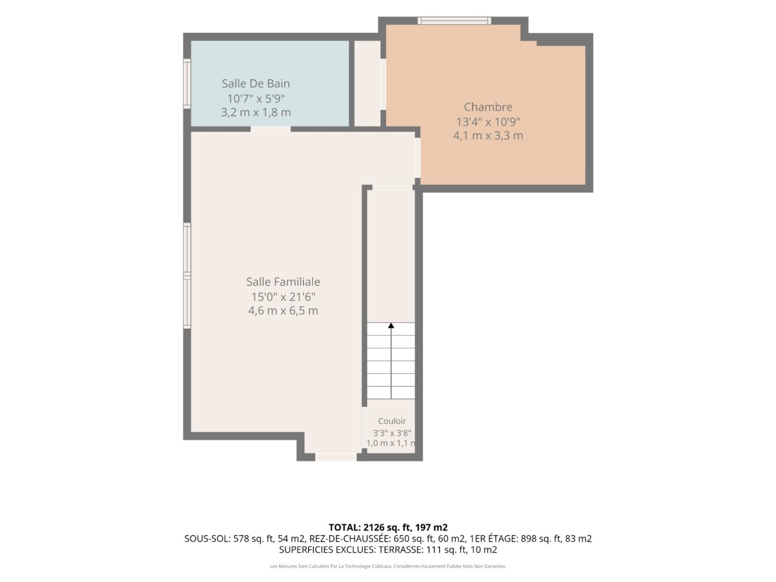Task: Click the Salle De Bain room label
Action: [255, 83]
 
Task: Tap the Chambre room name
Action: [488, 106]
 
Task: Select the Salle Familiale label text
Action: [283, 281]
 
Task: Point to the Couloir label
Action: [392, 421]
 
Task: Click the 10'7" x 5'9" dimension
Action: [255, 99]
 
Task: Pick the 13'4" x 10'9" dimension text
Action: [488, 122]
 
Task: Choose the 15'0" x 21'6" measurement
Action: [283, 297]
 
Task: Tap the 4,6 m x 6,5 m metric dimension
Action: [283, 311]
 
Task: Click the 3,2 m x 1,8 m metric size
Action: [255, 112]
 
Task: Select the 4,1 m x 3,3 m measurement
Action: [488, 136]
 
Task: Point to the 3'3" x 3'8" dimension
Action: [392, 433]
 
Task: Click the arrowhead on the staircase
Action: [391, 326]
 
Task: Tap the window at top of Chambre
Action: [454, 20]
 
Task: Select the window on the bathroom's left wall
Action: [187, 83]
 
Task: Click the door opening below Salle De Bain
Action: [270, 129]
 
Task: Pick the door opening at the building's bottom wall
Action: [335, 457]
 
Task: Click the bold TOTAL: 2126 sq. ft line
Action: [388, 527]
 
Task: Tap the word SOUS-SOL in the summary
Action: [207, 538]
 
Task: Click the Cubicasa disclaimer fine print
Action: [388, 566]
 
